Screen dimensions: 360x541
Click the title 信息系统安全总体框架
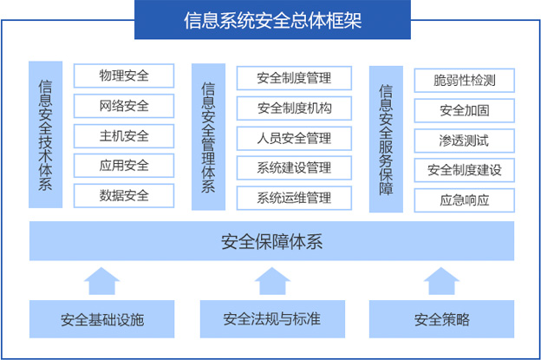[x=270, y=20]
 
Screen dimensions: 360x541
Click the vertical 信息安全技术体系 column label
[x=45, y=134]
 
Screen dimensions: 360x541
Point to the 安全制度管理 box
[x=294, y=78]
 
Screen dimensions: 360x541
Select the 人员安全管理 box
[x=294, y=138]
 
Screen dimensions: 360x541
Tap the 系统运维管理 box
[x=294, y=198]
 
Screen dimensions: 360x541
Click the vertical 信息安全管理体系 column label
[x=208, y=136]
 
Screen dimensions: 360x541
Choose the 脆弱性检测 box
[x=464, y=82]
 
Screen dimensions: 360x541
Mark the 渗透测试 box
[x=464, y=141]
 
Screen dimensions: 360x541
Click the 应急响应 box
[x=464, y=200]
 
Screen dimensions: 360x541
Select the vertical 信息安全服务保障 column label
[x=386, y=139]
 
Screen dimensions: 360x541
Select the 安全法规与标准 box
[x=271, y=319]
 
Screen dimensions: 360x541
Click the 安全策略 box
[x=441, y=319]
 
